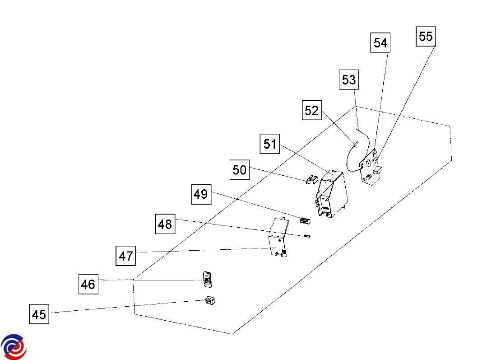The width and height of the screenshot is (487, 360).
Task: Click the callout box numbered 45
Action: pos(39,314)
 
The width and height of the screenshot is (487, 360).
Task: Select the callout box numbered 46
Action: pos(88,284)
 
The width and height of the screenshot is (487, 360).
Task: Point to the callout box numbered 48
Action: pos(165,224)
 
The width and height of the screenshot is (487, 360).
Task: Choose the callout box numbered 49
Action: pos(201,194)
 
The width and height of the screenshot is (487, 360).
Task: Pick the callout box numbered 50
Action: pos(240,170)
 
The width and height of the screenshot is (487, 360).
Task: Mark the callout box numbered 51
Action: pos(270,144)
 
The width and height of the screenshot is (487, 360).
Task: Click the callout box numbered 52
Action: pos(311,110)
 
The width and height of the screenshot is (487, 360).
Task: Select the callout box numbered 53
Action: pos(348,80)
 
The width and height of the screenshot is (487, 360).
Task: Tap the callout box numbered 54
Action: pos(380,43)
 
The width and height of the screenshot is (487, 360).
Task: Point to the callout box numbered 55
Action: pos(426,36)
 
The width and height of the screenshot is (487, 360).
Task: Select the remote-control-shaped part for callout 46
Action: pos(207,279)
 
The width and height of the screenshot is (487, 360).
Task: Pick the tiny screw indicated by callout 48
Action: pos(308,236)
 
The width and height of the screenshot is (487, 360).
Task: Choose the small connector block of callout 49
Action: pos(306,221)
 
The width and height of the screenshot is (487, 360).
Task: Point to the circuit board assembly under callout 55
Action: pos(371,168)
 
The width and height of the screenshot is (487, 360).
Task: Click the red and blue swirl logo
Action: pos(14,346)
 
